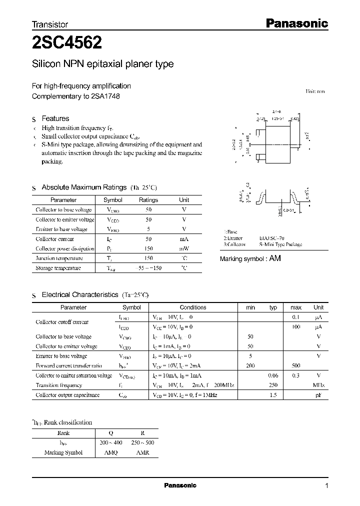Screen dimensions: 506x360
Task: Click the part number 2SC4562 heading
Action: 67,43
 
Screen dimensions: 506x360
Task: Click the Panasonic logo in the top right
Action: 295,23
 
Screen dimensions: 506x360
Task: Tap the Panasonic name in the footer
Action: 180,485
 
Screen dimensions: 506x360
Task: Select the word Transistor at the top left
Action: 50,24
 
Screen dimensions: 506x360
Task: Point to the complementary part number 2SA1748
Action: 105,96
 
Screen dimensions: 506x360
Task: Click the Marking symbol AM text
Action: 250,258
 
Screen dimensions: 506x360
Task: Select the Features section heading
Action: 55,118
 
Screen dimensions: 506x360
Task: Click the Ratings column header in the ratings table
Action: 148,200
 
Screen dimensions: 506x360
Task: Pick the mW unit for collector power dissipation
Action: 184,248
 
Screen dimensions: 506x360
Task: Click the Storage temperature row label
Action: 58,268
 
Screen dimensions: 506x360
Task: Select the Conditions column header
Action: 193,307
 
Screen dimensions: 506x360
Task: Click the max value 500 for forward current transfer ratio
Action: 295,366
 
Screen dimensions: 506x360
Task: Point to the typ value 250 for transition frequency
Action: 273,385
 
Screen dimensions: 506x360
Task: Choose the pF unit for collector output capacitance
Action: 318,395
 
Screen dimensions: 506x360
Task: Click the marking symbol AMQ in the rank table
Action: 111,452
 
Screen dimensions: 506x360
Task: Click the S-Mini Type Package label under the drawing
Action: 280,244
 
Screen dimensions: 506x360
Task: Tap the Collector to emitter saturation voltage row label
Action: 74,375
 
